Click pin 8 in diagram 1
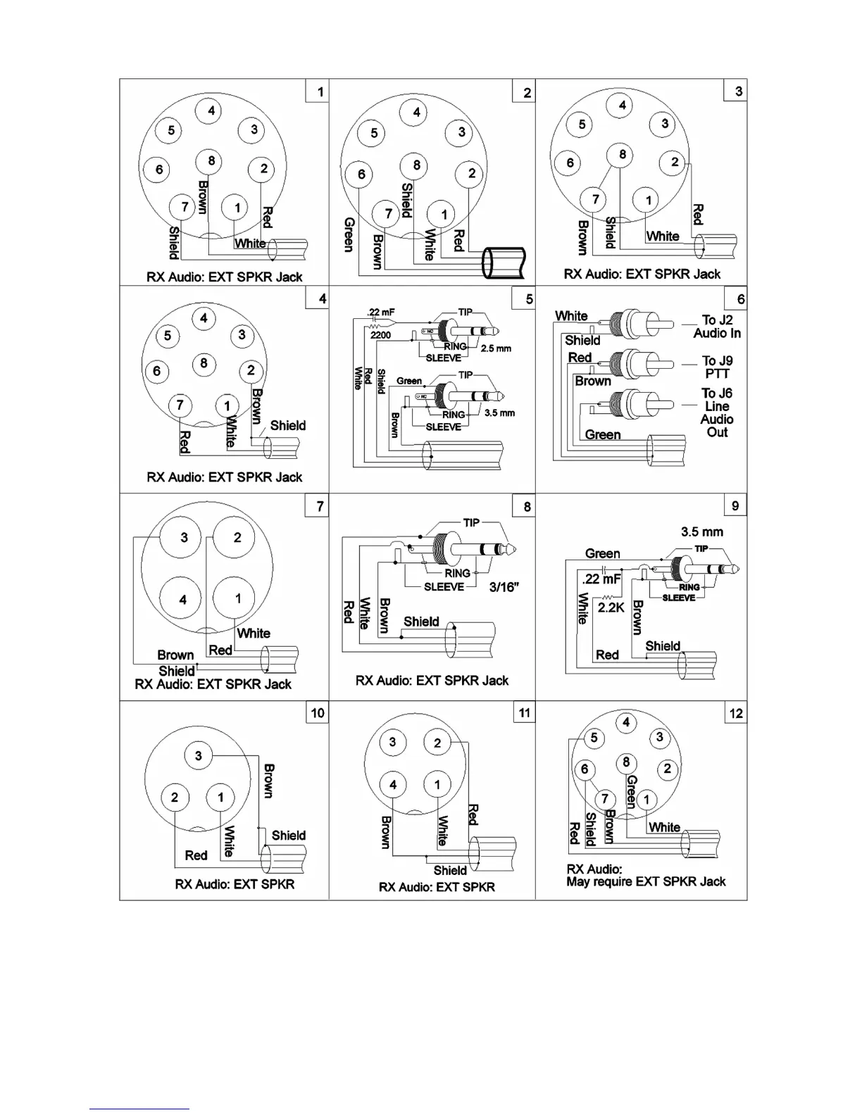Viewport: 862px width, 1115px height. coord(211,161)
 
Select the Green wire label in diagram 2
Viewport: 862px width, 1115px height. coord(349,234)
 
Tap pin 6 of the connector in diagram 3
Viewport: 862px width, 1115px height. coord(570,163)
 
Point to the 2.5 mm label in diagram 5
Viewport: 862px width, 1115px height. coord(496,348)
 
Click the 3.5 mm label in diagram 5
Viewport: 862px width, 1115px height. coord(499,413)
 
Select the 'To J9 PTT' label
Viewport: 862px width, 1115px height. coord(717,367)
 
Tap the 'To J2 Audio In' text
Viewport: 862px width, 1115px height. coord(717,327)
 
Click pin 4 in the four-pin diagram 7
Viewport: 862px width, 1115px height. coord(183,600)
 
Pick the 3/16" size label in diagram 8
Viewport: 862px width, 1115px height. coord(504,587)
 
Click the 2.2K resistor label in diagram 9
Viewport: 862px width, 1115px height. coord(611,607)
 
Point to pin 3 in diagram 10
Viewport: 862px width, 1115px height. coord(199,756)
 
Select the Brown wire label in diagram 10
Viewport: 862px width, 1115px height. coord(268,781)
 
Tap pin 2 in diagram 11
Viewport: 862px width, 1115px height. coord(437,743)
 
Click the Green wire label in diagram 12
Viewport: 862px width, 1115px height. coord(632,792)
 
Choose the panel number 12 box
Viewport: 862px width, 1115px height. coord(736,713)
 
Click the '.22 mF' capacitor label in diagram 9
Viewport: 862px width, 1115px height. coord(601,579)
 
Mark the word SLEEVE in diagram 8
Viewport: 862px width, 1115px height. coord(444,587)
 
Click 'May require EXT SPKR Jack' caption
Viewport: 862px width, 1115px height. coord(646,881)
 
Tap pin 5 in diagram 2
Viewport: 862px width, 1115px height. coord(374,133)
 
